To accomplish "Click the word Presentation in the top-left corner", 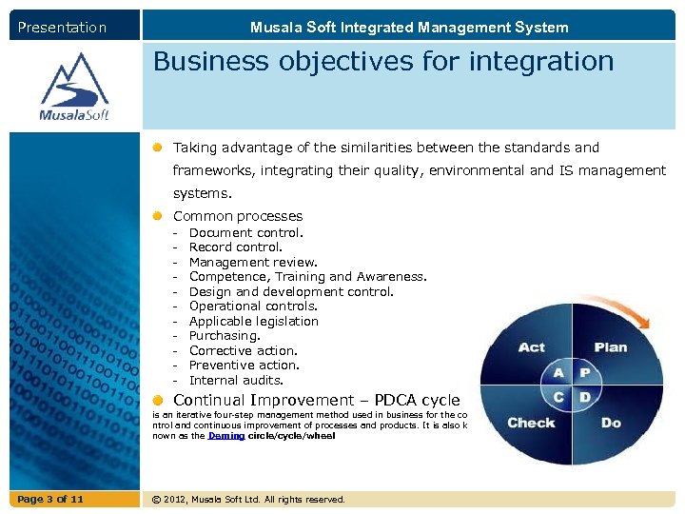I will pos(62,28).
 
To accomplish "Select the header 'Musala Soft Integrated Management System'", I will pos(409,28).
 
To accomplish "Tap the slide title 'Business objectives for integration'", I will pos(383,62).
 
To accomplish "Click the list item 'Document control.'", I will pos(246,232).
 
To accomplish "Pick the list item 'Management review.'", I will pos(253,262).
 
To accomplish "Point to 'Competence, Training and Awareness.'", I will pos(307,277).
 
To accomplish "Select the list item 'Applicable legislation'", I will pos(253,321).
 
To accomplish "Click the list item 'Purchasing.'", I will pos(225,336).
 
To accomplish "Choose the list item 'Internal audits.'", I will pos(236,380).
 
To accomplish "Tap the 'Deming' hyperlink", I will pos(226,436).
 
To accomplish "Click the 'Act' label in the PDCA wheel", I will pos(532,347).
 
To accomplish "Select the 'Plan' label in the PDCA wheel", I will pos(611,347).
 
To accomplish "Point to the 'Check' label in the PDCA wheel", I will pos(531,423).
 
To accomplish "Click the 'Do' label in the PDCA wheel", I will pos(611,423).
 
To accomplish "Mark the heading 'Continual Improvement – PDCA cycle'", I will pos(316,401).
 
